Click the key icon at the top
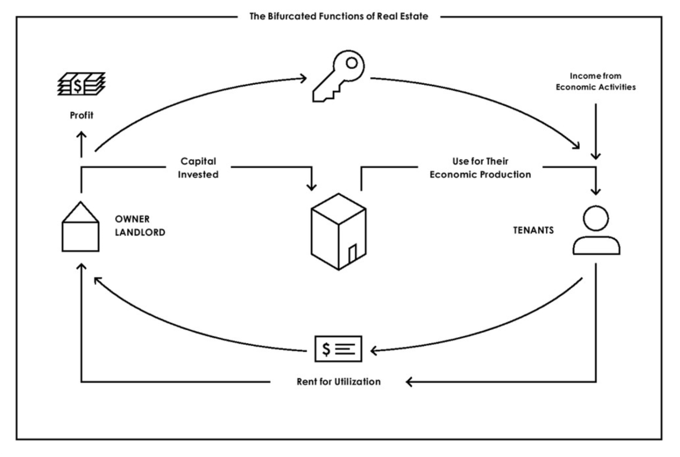(x=339, y=75)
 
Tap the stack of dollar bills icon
(x=81, y=84)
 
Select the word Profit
(x=82, y=115)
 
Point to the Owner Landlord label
(x=140, y=225)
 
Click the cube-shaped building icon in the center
(x=338, y=231)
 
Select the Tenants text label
(x=533, y=230)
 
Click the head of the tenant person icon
(x=595, y=218)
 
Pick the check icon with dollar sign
(x=338, y=349)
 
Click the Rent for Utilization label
(x=338, y=382)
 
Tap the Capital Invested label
(x=198, y=167)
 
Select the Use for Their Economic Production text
(x=480, y=167)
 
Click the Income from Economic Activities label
(x=595, y=81)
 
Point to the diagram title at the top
(x=339, y=16)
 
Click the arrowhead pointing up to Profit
(x=82, y=135)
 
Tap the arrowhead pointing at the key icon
(x=303, y=78)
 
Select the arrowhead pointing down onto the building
(x=311, y=187)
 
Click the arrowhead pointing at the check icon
(x=374, y=350)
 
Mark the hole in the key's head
(x=351, y=63)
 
